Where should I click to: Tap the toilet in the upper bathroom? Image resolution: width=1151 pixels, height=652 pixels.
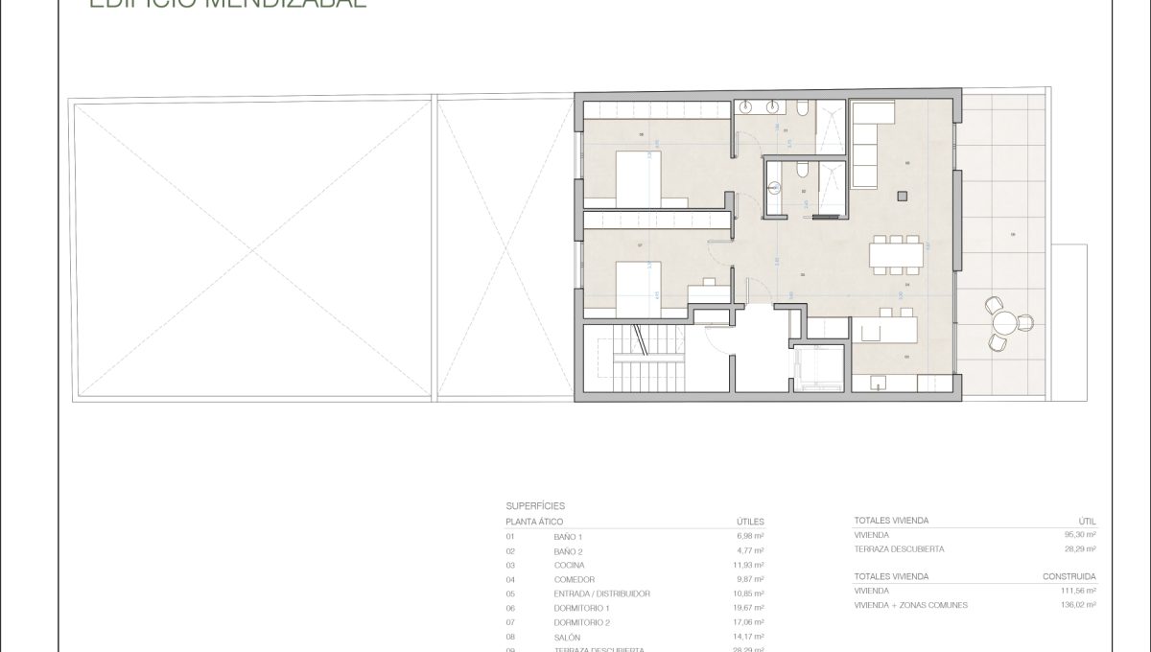click(x=807, y=112)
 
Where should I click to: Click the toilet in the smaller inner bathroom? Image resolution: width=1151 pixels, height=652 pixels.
click(x=798, y=172)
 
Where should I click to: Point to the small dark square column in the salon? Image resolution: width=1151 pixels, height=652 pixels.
click(x=902, y=196)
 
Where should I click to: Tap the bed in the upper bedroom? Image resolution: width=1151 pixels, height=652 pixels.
click(x=625, y=179)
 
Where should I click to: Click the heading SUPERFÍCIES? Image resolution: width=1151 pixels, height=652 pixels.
click(x=535, y=504)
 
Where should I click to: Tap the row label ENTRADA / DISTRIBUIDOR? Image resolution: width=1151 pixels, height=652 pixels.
click(x=602, y=594)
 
